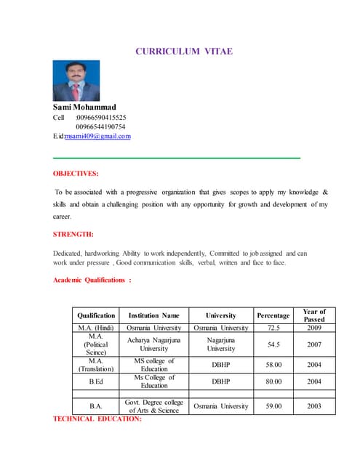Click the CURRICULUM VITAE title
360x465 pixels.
pyautogui.click(x=184, y=52)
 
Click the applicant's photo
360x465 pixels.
pyautogui.click(x=76, y=81)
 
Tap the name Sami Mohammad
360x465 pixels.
pyautogui.click(x=84, y=108)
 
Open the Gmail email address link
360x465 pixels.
pyautogui.click(x=97, y=136)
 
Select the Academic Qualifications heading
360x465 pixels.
pyautogui.click(x=92, y=280)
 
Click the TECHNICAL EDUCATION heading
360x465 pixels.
pyautogui.click(x=97, y=419)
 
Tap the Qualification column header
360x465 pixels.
pyautogui.click(x=96, y=316)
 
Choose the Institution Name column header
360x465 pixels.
pyautogui.click(x=153, y=316)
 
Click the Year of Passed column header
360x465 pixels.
pyautogui.click(x=314, y=315)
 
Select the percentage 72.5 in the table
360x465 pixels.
pyautogui.click(x=273, y=328)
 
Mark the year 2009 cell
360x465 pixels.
pyautogui.click(x=314, y=328)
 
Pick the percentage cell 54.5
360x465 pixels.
pyautogui.click(x=273, y=345)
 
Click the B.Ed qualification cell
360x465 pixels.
pyautogui.click(x=96, y=381)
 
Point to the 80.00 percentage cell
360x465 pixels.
pyautogui.click(x=273, y=381)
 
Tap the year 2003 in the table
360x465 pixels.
pyautogui.click(x=314, y=406)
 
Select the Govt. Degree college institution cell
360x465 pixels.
pyautogui.click(x=153, y=406)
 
